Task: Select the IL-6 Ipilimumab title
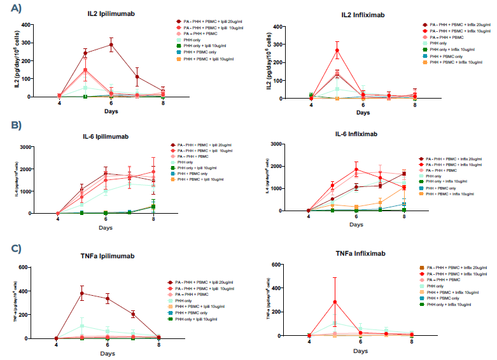pos(104,135)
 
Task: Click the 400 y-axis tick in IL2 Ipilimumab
pos(41,25)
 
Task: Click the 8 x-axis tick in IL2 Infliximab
pos(414,104)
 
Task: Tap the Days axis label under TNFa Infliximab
pos(361,350)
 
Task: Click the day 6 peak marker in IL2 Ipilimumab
pos(111,45)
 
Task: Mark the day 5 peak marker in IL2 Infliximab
pos(337,50)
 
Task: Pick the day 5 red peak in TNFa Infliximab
pos(335,302)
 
